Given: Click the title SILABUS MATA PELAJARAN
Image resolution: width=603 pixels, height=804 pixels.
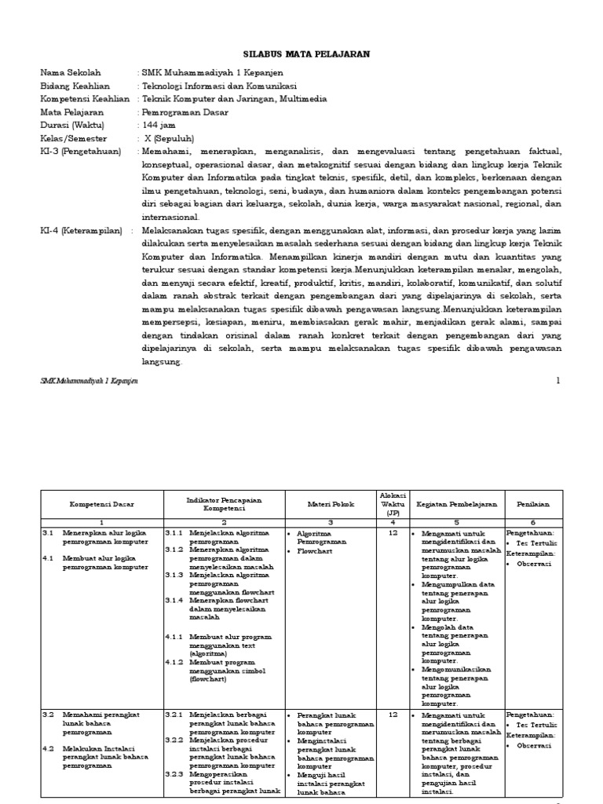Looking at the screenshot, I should [x=302, y=53].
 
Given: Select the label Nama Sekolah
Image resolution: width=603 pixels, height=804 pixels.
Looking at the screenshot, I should [x=71, y=73].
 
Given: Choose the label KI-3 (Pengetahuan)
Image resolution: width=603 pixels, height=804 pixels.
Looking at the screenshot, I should [x=81, y=151].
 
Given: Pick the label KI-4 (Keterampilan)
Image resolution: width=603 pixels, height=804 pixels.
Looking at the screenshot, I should [x=82, y=231].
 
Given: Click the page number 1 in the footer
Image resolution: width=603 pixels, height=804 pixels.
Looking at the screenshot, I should [x=558, y=381].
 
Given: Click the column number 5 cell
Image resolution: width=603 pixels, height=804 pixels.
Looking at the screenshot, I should [x=456, y=522].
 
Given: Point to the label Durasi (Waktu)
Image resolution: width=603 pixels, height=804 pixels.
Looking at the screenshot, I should [x=72, y=125].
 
